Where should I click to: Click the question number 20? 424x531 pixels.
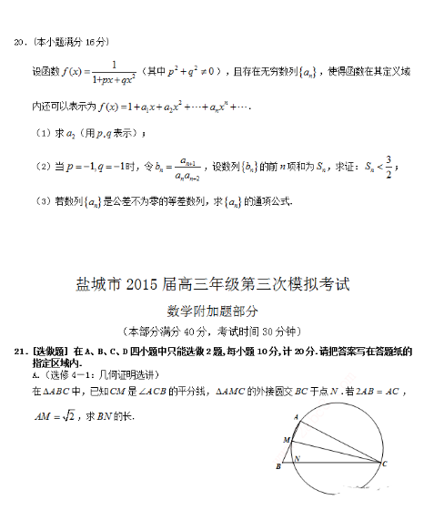(x=16, y=42)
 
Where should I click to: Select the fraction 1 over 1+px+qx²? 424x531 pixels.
(x=114, y=71)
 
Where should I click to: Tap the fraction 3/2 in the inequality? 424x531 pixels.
(x=389, y=167)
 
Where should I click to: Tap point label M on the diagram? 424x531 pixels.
(x=284, y=440)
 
